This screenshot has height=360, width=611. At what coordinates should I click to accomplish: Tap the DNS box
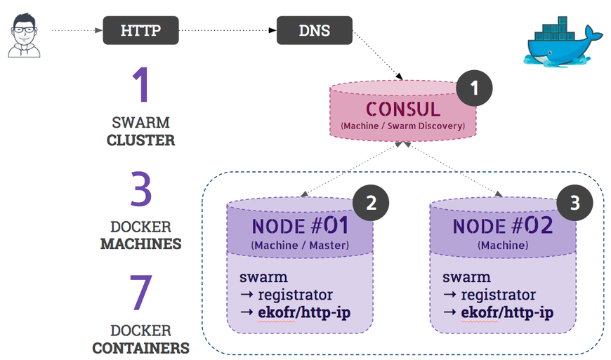pyautogui.click(x=314, y=31)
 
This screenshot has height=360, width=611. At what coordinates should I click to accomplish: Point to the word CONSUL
pyautogui.click(x=402, y=109)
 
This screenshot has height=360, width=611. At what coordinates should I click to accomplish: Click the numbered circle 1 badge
pyautogui.click(x=474, y=88)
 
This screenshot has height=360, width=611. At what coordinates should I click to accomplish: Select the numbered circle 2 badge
pyautogui.click(x=371, y=203)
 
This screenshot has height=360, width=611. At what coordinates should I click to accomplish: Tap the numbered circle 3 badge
pyautogui.click(x=574, y=203)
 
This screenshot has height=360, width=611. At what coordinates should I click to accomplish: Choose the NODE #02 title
pyautogui.click(x=503, y=226)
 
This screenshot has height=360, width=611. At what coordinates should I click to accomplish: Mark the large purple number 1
pyautogui.click(x=141, y=86)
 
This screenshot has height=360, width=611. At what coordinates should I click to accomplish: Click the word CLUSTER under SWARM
pyautogui.click(x=140, y=140)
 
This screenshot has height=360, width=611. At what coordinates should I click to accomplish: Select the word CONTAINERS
pyautogui.click(x=140, y=347)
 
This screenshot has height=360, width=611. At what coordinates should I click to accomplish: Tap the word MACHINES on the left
pyautogui.click(x=140, y=244)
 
